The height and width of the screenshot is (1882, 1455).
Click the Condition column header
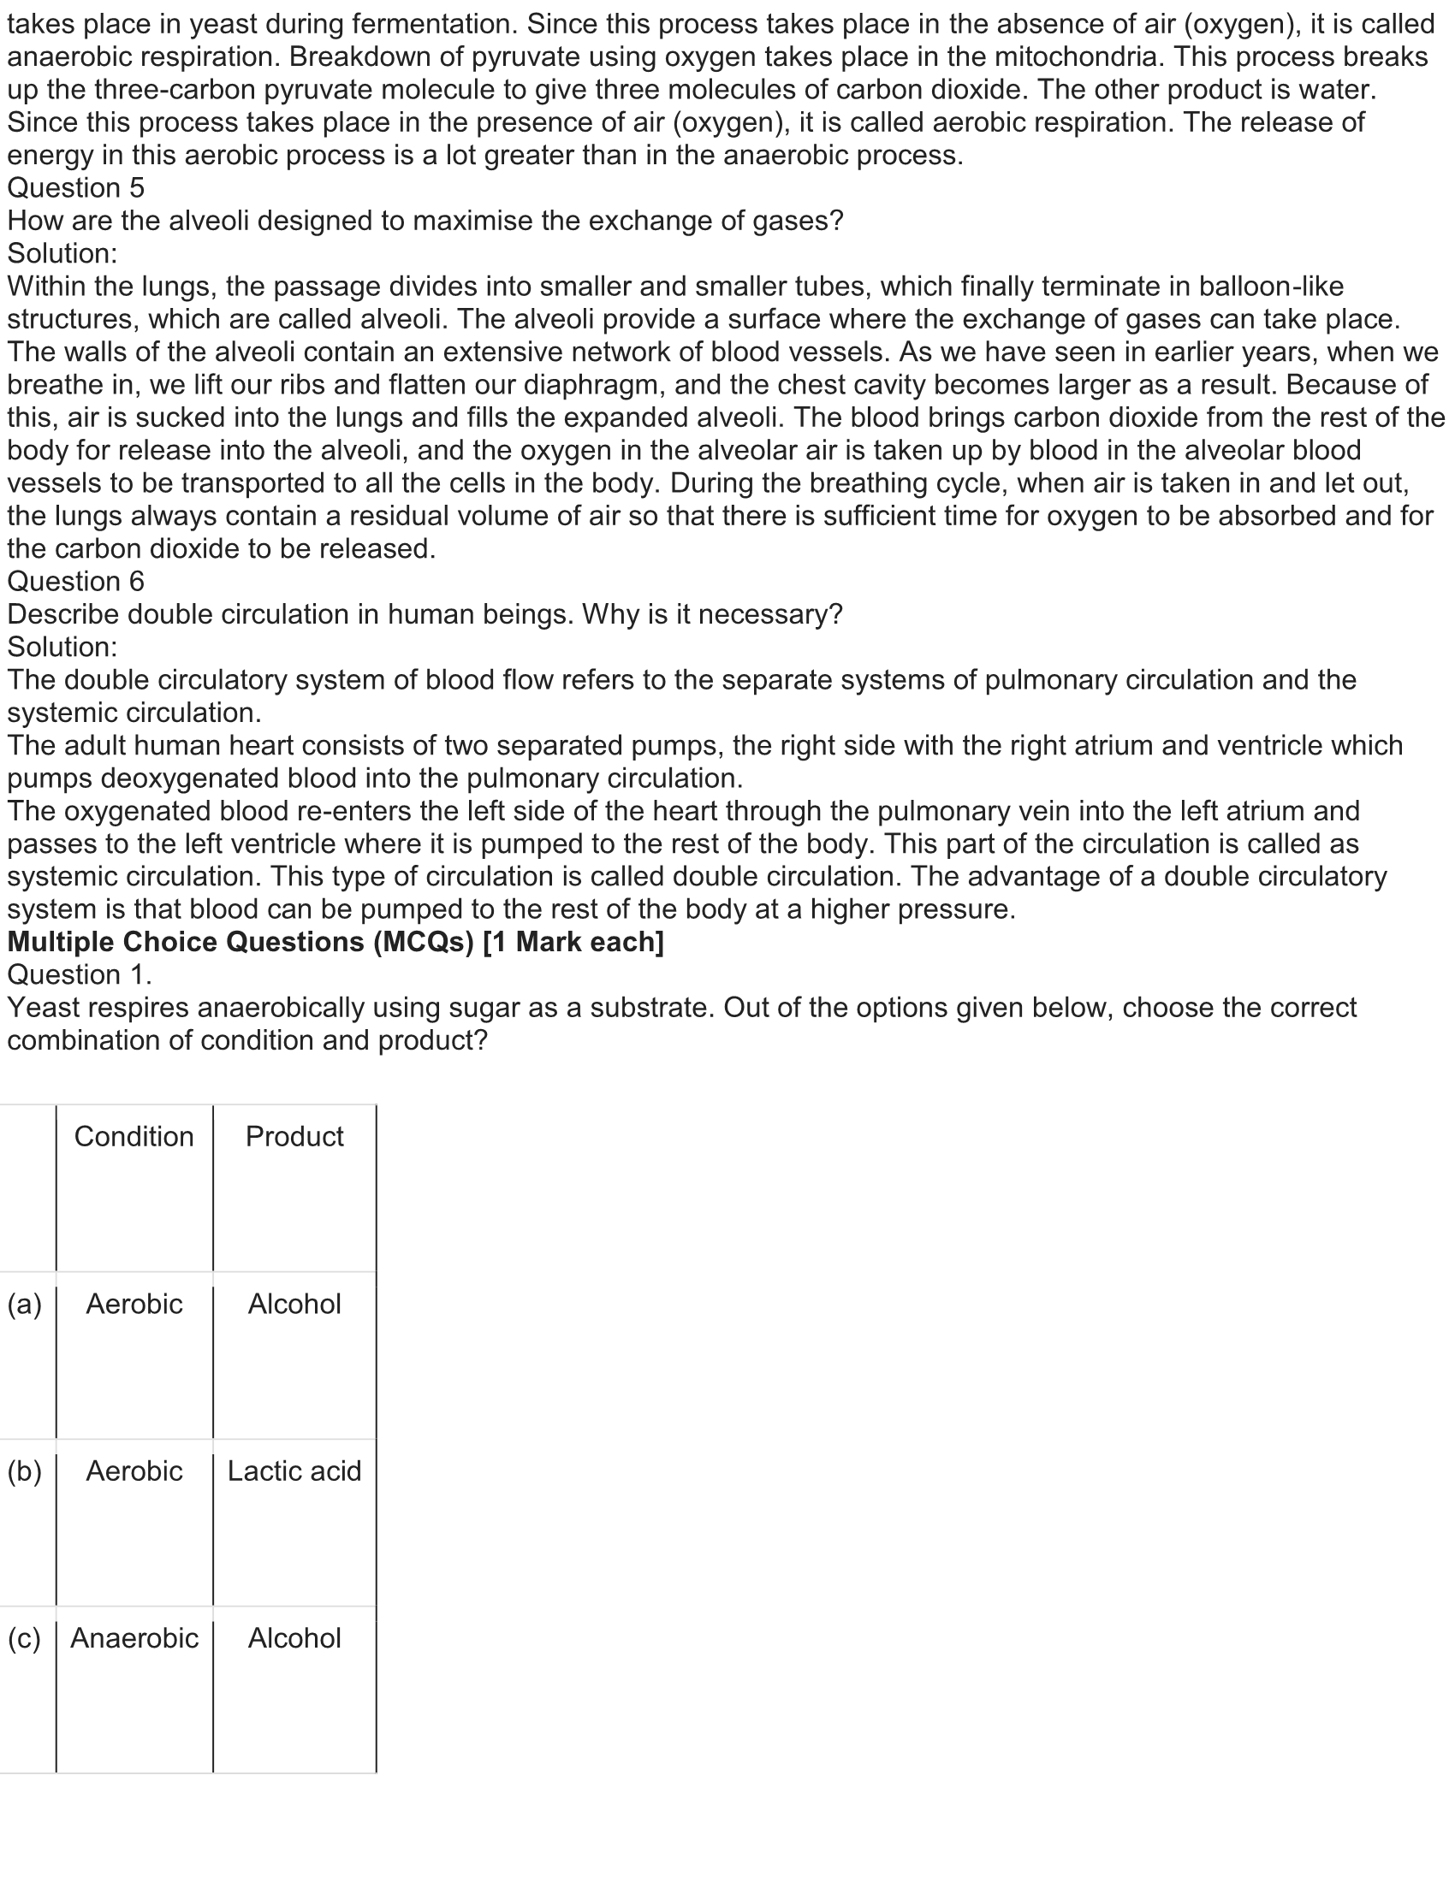(x=134, y=1137)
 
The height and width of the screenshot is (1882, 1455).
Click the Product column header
(x=294, y=1137)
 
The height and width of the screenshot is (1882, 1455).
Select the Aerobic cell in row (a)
(x=134, y=1304)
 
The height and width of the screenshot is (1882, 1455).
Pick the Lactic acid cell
(x=294, y=1471)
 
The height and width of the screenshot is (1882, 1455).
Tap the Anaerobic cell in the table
(x=134, y=1638)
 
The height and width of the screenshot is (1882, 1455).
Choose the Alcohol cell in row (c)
(x=294, y=1638)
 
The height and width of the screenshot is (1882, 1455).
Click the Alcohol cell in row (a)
(x=294, y=1304)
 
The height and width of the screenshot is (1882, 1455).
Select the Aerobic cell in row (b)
(x=134, y=1471)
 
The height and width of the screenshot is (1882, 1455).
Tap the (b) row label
(x=24, y=1471)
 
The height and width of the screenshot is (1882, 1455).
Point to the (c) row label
(x=24, y=1638)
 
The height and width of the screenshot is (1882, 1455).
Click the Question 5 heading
(x=76, y=188)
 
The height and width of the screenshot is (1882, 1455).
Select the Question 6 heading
(x=76, y=582)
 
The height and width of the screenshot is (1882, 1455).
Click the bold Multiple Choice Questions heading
(x=336, y=942)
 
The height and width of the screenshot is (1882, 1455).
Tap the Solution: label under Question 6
(x=62, y=648)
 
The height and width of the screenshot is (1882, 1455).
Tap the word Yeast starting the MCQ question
(x=45, y=1008)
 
